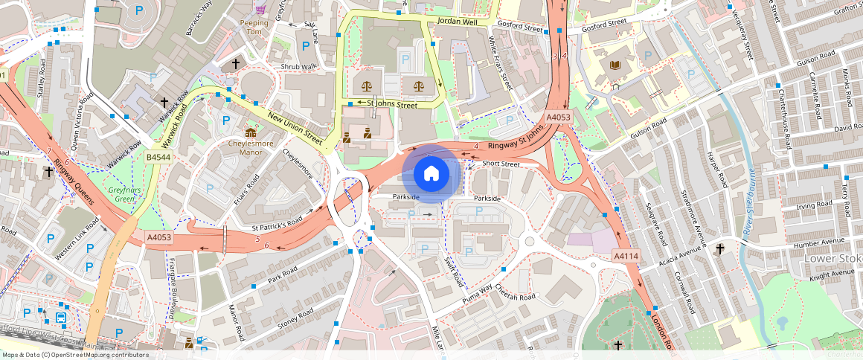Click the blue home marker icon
(431, 174)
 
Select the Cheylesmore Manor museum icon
(240, 133)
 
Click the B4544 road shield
(158, 158)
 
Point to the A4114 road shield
(626, 256)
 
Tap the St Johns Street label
(387, 105)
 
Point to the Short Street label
(500, 164)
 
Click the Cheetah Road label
(516, 297)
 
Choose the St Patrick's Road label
(277, 220)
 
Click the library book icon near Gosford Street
(615, 65)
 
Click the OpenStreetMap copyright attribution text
(74, 355)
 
